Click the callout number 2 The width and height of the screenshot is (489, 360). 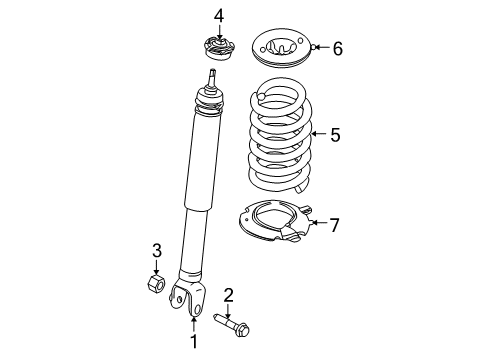pyautogui.click(x=229, y=294)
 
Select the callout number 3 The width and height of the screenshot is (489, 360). pyautogui.click(x=156, y=250)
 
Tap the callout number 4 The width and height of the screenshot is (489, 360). pyautogui.click(x=220, y=16)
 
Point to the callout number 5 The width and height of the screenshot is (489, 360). pyautogui.click(x=335, y=134)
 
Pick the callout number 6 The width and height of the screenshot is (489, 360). pyautogui.click(x=337, y=48)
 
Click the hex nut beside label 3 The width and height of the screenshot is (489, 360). pyautogui.click(x=156, y=284)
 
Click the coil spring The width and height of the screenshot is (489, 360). pyautogui.click(x=280, y=140)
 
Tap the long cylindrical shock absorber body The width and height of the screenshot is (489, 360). pyautogui.click(x=200, y=190)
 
